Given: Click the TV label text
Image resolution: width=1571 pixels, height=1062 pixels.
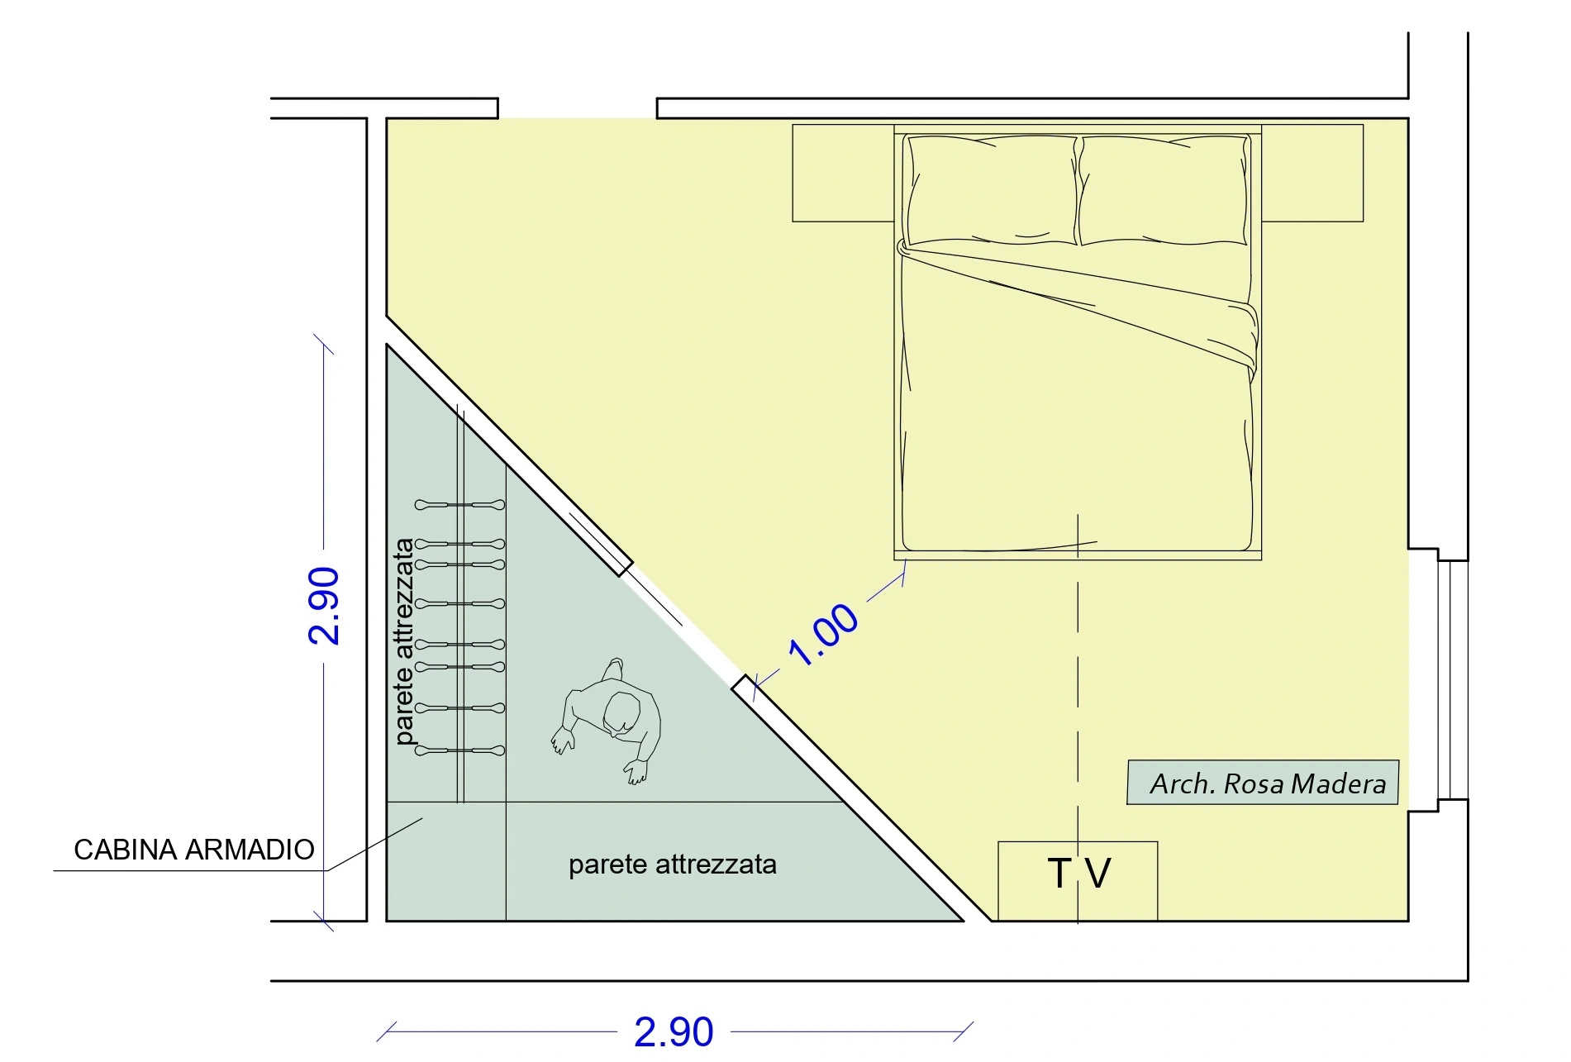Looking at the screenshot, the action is click(1078, 874).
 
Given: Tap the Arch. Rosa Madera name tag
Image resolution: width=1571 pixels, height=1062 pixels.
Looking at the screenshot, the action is click(1263, 783).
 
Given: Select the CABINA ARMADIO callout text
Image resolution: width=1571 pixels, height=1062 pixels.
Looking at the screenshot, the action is click(194, 850).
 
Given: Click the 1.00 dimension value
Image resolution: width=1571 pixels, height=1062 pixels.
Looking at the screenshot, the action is click(824, 635).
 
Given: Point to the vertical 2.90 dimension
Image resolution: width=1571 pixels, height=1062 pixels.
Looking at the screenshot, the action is click(324, 606).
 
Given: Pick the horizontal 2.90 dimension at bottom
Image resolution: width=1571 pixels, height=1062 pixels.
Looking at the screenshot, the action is click(674, 1032).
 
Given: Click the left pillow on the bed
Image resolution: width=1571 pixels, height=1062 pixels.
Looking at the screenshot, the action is click(992, 190).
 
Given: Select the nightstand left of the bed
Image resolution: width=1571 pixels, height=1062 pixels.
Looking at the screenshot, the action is click(843, 173).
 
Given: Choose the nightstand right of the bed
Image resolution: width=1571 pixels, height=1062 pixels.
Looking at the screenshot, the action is click(1312, 173).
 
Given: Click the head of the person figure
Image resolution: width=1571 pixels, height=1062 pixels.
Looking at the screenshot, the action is click(621, 712).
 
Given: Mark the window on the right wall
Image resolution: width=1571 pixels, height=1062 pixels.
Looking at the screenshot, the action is click(1452, 679).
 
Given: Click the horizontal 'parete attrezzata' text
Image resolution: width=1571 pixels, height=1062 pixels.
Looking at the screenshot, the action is click(673, 864).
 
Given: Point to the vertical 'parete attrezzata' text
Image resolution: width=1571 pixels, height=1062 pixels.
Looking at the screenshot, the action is click(403, 641).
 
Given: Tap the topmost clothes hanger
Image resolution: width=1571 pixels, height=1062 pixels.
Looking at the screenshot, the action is click(460, 504).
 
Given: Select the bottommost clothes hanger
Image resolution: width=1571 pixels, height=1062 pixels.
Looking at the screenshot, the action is click(460, 750).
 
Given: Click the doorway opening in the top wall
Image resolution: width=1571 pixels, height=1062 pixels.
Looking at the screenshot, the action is click(578, 108).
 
